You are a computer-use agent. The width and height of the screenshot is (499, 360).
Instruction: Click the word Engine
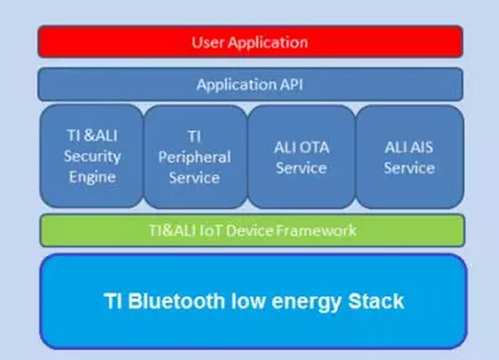[x=92, y=176]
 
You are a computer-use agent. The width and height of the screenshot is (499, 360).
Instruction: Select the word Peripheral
[x=195, y=157]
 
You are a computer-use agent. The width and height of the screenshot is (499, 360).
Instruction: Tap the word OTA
[x=312, y=146]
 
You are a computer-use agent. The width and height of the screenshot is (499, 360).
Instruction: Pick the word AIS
[x=421, y=146]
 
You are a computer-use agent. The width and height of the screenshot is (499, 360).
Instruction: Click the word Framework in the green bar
[x=319, y=231]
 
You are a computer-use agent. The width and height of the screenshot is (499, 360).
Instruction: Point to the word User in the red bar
[x=208, y=42]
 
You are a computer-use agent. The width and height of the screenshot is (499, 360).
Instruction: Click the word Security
[x=92, y=155]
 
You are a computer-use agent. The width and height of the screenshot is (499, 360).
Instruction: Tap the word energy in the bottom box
[x=299, y=301]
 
